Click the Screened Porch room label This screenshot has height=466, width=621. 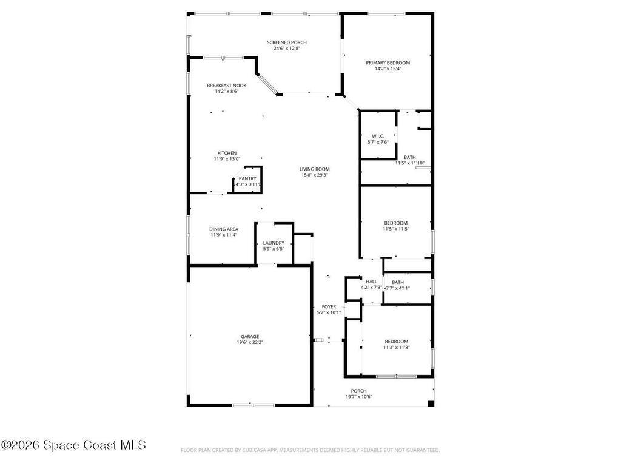coord(287,42)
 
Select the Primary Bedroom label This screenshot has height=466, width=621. coord(388,62)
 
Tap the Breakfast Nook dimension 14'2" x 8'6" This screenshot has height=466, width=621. coord(226,92)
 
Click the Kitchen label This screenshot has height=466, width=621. coord(227,153)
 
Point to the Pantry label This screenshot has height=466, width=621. coord(247,178)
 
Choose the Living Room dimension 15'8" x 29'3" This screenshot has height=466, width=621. coord(314,175)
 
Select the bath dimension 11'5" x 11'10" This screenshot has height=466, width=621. coord(410,163)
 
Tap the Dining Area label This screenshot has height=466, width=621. coord(224,229)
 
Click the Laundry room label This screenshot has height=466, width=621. coord(274,243)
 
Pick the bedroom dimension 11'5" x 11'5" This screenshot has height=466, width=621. coord(395,229)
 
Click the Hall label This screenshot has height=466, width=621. coord(371,282)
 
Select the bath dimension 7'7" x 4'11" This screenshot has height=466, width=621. coord(397,288)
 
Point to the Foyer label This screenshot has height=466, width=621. coord(329,307)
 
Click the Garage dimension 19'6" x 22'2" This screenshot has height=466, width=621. coord(250,342)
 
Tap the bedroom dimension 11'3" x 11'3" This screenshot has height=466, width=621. coord(395,348)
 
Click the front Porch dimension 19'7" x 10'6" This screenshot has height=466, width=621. coord(358,397)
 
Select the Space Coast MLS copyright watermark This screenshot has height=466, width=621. coord(73,445)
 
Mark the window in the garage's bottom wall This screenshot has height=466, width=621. coord(253,405)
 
